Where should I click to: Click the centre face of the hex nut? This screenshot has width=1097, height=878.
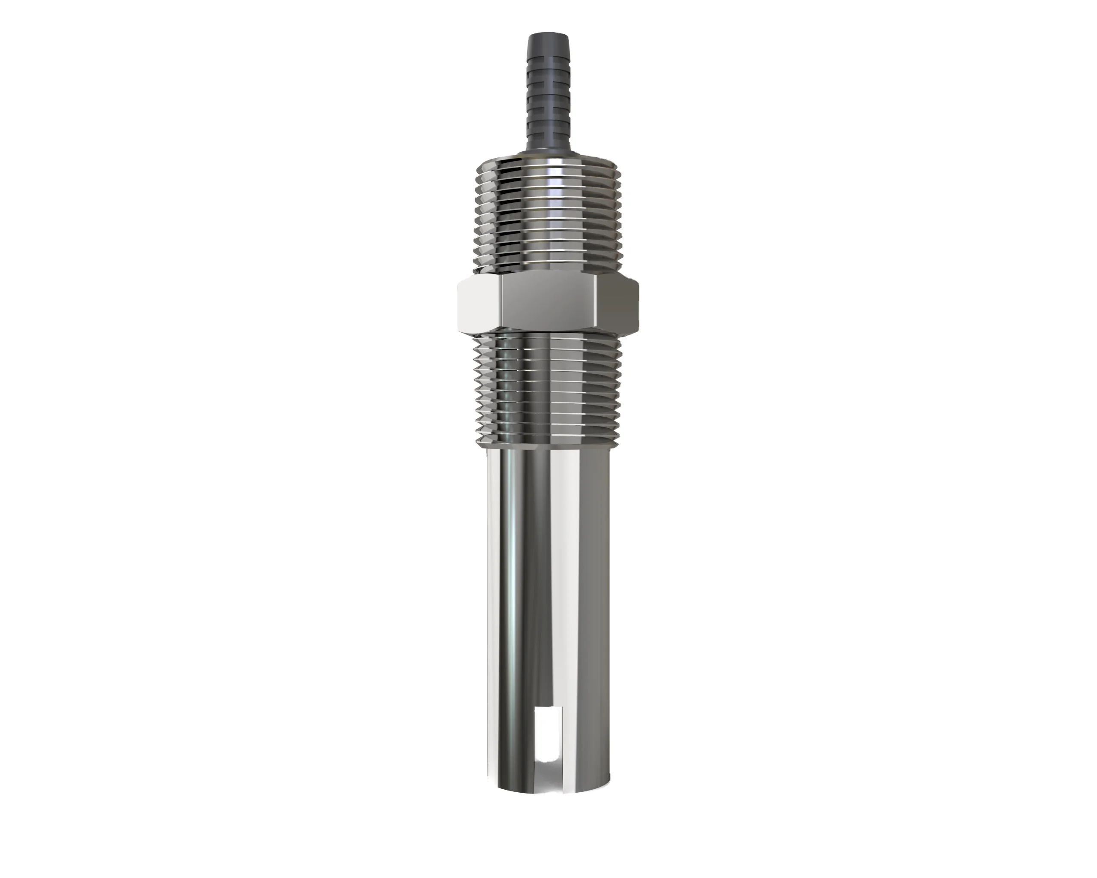coord(548,302)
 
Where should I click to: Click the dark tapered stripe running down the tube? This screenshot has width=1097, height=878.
coord(540,585)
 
